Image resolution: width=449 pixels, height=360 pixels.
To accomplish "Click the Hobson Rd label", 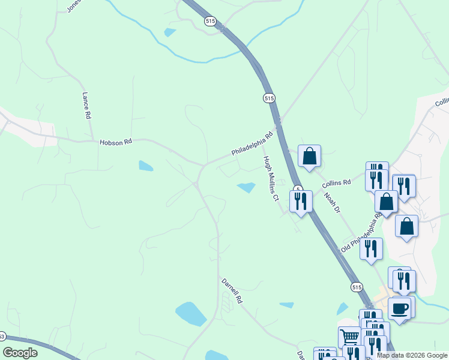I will (x=115, y=142).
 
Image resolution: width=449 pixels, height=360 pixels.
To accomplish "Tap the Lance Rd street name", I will (x=86, y=105).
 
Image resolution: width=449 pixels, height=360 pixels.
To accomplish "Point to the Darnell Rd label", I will (x=231, y=290).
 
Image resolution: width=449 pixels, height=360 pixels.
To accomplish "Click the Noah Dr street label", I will (x=332, y=202).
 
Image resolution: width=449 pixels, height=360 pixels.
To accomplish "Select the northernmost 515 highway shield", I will (x=209, y=21).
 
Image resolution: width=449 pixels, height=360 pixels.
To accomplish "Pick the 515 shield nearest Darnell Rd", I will (x=357, y=287).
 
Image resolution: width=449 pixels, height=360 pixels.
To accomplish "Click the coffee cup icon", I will (x=399, y=308).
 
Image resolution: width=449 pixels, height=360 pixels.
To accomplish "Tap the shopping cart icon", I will (x=349, y=336).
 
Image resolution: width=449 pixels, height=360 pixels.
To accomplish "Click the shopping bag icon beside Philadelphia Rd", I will (x=309, y=156).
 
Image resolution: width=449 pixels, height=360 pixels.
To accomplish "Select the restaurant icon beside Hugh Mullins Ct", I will (x=301, y=200).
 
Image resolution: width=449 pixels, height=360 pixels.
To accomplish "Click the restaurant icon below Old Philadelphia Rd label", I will (x=372, y=248).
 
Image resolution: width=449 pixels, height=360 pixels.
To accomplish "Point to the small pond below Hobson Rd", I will (x=146, y=166).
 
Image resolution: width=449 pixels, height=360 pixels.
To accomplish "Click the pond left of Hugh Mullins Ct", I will (x=247, y=187).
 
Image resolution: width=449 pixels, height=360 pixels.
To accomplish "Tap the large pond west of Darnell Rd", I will (x=191, y=313).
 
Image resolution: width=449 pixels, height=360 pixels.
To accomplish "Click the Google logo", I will (x=20, y=353).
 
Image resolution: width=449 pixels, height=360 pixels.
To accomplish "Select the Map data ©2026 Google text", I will (x=412, y=355).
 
